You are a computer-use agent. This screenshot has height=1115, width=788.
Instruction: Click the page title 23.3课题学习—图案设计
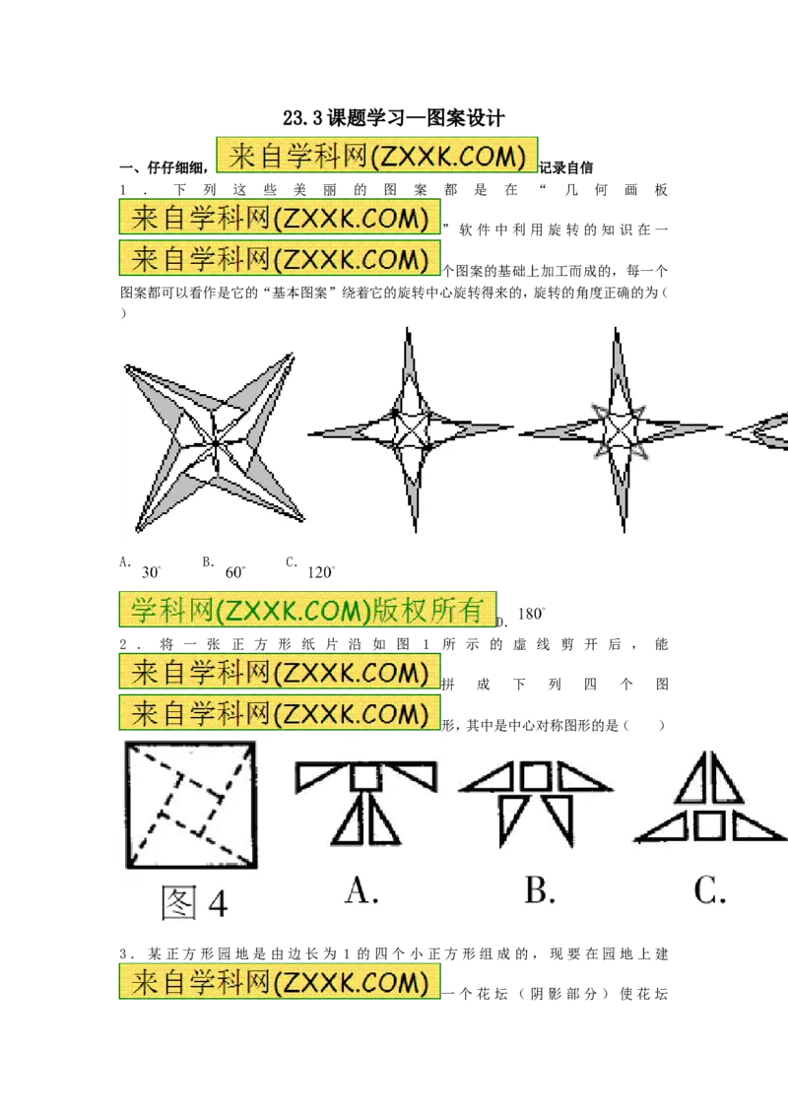point(393,118)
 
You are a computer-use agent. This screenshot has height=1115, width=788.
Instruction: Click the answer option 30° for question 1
point(151,572)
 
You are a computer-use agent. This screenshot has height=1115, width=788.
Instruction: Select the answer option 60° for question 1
point(234,572)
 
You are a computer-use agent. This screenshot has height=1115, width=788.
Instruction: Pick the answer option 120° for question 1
point(321,572)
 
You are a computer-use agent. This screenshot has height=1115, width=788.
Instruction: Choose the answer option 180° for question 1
point(531,614)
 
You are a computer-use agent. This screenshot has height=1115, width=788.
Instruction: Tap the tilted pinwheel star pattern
point(215,442)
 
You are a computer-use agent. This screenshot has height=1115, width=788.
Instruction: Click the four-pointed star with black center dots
point(411,429)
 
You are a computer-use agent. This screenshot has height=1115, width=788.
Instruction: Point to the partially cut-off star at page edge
point(757,429)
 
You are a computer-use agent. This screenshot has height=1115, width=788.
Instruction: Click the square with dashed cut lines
point(191,805)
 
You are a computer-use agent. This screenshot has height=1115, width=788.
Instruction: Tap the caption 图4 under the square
point(194,903)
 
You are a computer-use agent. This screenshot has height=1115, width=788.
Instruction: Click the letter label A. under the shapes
point(361,889)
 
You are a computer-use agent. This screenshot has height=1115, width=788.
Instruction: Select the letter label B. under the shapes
point(540,889)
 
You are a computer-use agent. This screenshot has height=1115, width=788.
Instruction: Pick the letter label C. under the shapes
point(710,889)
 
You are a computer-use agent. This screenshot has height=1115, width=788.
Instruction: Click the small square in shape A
point(365,776)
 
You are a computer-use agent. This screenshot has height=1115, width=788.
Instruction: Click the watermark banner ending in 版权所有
point(307,610)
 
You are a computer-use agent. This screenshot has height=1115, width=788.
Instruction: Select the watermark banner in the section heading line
point(377,155)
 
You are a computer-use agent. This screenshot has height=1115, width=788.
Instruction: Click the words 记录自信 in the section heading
point(566,167)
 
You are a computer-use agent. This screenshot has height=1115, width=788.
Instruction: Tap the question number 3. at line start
point(127,954)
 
